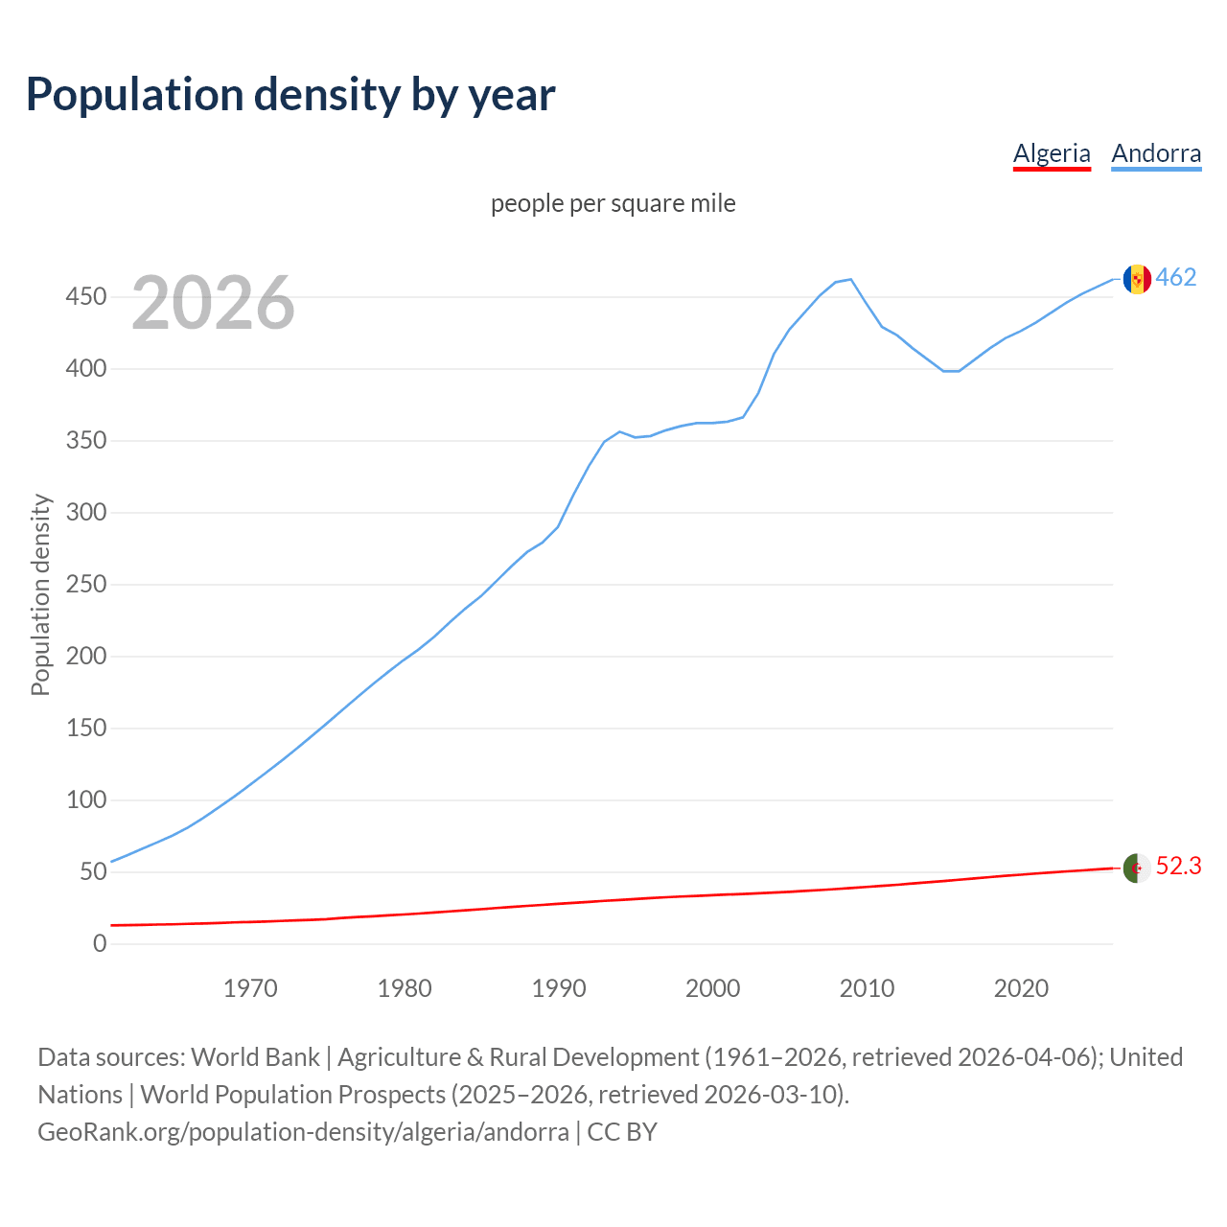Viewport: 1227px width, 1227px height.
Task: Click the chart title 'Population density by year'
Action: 290,95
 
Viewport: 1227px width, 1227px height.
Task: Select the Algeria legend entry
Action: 1052,153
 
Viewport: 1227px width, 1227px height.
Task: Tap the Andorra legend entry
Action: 1155,153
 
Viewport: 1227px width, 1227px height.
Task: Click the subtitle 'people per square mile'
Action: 613,203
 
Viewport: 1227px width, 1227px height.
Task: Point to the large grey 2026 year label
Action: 213,303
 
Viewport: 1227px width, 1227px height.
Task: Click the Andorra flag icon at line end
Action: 1137,279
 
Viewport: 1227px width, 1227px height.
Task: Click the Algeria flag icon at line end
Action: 1136,868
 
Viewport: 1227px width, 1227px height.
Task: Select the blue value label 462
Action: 1175,278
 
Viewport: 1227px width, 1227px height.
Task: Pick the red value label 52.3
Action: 1178,867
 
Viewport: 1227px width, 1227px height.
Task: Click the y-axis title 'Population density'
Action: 40,594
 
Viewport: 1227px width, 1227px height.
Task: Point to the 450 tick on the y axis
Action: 85,297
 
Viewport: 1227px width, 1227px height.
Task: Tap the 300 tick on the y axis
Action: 85,513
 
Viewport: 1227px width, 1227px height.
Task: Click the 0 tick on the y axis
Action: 100,943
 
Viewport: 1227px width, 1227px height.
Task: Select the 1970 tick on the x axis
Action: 250,988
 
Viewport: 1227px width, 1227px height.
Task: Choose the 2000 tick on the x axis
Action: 712,988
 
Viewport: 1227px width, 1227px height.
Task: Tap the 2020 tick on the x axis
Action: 1021,988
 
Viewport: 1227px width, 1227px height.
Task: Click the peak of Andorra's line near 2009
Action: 850,279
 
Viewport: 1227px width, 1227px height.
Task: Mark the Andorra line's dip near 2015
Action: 950,371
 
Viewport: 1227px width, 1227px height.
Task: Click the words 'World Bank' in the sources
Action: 255,1057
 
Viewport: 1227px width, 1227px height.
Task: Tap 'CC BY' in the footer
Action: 622,1132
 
